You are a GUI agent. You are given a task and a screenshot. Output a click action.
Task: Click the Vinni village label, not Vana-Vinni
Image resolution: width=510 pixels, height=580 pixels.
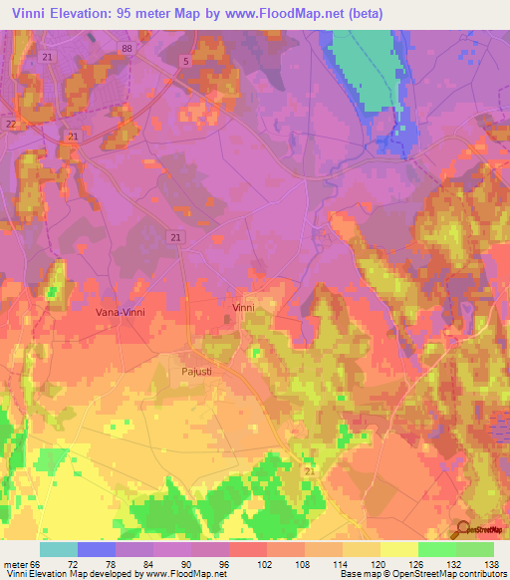(x=242, y=308)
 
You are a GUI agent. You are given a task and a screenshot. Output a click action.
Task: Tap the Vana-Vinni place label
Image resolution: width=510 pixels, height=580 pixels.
(x=121, y=312)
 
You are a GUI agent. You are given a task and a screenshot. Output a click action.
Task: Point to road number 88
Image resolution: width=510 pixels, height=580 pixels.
(x=126, y=49)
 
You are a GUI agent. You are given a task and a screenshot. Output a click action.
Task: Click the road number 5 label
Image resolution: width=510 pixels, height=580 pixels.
(x=184, y=61)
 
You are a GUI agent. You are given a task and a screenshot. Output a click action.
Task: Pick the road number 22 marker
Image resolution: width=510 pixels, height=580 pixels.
(x=11, y=123)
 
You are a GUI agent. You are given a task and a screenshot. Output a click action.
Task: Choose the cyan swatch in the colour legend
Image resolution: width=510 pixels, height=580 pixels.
(x=59, y=549)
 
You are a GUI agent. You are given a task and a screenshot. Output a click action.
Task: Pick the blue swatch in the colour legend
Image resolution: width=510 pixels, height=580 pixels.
(x=97, y=549)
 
